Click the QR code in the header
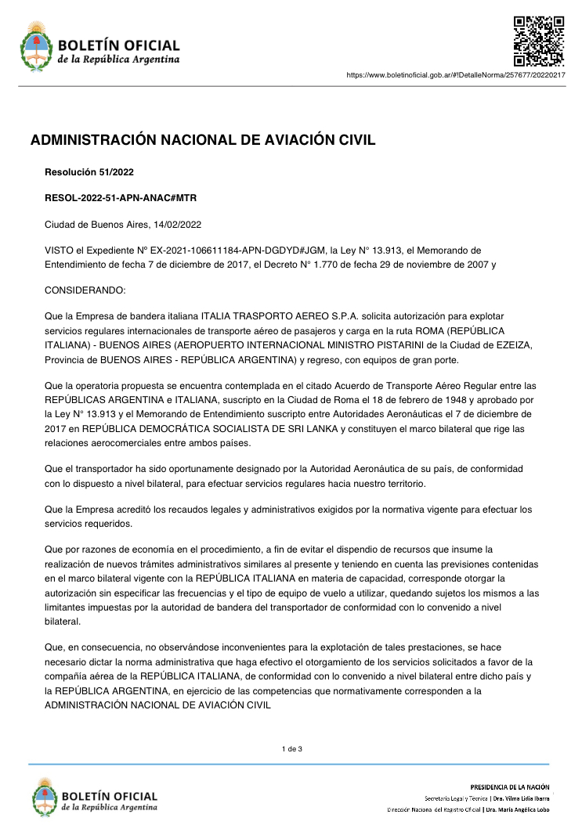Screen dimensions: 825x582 click(x=539, y=41)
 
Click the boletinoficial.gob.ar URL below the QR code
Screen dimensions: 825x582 click(x=455, y=75)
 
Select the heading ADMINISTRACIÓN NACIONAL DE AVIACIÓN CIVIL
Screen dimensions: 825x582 click(x=203, y=141)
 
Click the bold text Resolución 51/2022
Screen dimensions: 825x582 click(x=85, y=171)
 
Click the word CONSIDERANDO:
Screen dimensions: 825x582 click(x=85, y=290)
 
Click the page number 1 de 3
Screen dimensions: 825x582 click(x=291, y=750)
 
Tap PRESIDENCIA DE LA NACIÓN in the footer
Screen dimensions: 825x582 click(x=509, y=786)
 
